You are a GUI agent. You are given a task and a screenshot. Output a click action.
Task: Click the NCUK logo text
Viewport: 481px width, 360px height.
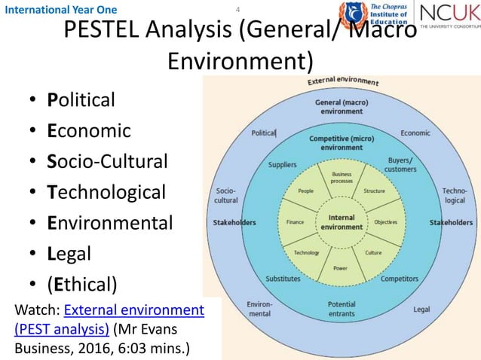pos(446,13)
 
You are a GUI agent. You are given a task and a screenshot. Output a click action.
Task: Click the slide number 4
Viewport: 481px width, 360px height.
pos(238,10)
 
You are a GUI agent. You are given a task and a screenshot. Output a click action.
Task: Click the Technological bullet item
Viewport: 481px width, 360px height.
pos(106,192)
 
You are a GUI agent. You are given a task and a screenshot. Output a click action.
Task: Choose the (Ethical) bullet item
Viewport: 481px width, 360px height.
pos(82,284)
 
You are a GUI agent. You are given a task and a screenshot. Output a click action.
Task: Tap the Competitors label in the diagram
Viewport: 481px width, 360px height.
pos(399,279)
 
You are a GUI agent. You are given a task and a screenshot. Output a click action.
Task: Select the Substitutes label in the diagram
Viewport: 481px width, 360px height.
pos(283,279)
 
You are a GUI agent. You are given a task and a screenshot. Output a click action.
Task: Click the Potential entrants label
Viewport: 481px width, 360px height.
pos(341,309)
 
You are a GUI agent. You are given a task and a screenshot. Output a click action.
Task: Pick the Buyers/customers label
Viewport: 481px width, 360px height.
pos(400,164)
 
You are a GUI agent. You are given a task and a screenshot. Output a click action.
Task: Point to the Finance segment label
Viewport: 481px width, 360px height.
pos(295,222)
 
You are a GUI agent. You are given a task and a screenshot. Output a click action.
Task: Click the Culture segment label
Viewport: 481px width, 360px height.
pos(373,252)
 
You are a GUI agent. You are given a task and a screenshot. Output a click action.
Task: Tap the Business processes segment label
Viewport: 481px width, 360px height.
pos(342,178)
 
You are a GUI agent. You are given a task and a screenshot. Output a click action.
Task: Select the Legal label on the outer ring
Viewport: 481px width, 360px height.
pos(421,309)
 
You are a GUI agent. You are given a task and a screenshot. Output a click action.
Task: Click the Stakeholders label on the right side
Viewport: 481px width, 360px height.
pos(451,222)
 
